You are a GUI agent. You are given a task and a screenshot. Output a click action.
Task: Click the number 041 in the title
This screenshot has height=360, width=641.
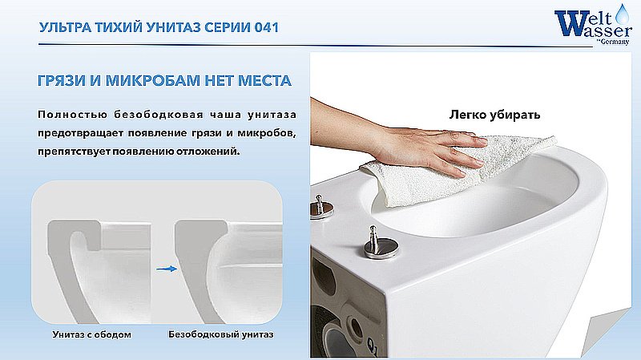click(x=266, y=27)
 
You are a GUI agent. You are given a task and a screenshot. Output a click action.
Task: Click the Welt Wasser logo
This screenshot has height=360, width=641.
click(x=593, y=25)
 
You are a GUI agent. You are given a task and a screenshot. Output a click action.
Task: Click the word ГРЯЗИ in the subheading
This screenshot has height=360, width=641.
click(x=62, y=81)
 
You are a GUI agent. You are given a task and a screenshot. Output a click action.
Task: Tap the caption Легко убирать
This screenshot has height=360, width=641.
click(x=494, y=115)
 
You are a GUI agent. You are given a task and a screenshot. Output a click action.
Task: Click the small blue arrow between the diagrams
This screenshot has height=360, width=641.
click(x=167, y=269)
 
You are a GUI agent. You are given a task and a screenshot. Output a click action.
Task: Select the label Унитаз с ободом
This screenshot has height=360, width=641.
click(x=92, y=334)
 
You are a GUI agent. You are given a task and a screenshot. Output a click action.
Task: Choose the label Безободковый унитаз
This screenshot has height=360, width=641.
click(x=221, y=334)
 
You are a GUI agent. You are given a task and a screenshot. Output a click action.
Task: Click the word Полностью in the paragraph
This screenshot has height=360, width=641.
click(x=72, y=115)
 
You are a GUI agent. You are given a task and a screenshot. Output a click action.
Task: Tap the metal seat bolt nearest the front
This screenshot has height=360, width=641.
click(x=381, y=243)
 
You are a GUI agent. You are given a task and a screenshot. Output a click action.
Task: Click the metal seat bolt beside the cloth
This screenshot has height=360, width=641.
click(x=321, y=206)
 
